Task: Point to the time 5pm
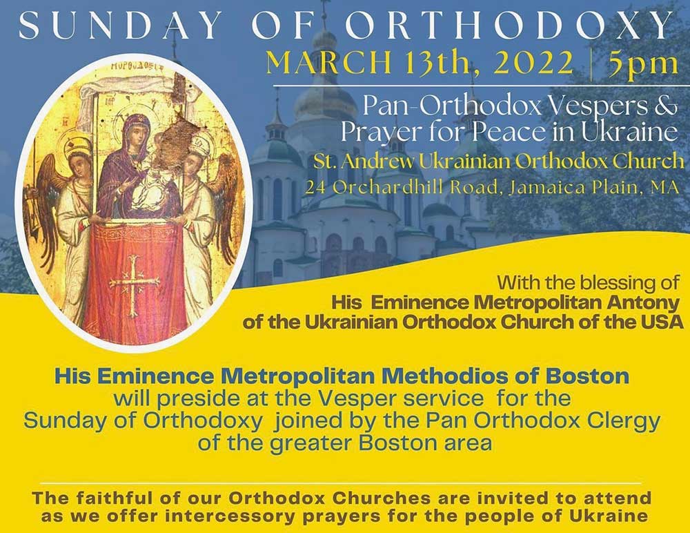tap(643, 64)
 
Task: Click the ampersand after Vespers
tap(667, 108)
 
